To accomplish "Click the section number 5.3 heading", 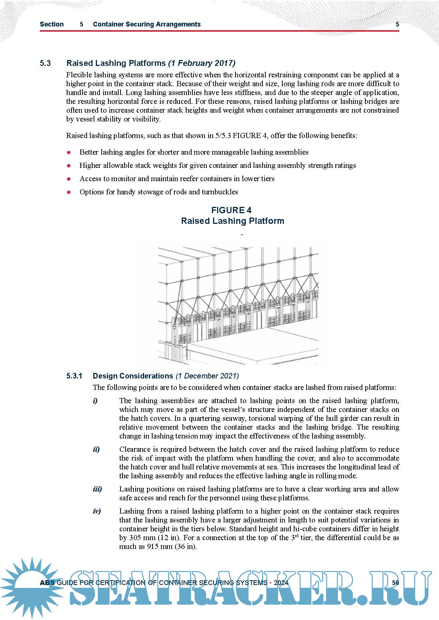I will (45, 63).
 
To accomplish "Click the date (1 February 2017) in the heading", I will (202, 63).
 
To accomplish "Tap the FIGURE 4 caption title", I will (231, 210).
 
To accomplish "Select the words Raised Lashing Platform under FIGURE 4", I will (233, 221).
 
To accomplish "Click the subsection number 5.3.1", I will (74, 376).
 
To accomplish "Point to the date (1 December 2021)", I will (207, 376).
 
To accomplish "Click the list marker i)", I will (95, 401).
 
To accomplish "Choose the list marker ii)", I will (96, 449).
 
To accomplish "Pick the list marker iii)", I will (97, 489).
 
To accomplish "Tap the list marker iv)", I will (97, 511).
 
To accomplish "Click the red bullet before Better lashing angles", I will (69, 152).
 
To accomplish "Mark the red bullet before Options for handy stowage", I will (69, 192).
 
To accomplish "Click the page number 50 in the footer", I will (396, 582).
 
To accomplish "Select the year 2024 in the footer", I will (281, 582).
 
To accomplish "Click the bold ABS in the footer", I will (47, 582).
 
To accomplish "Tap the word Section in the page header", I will (52, 24).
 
